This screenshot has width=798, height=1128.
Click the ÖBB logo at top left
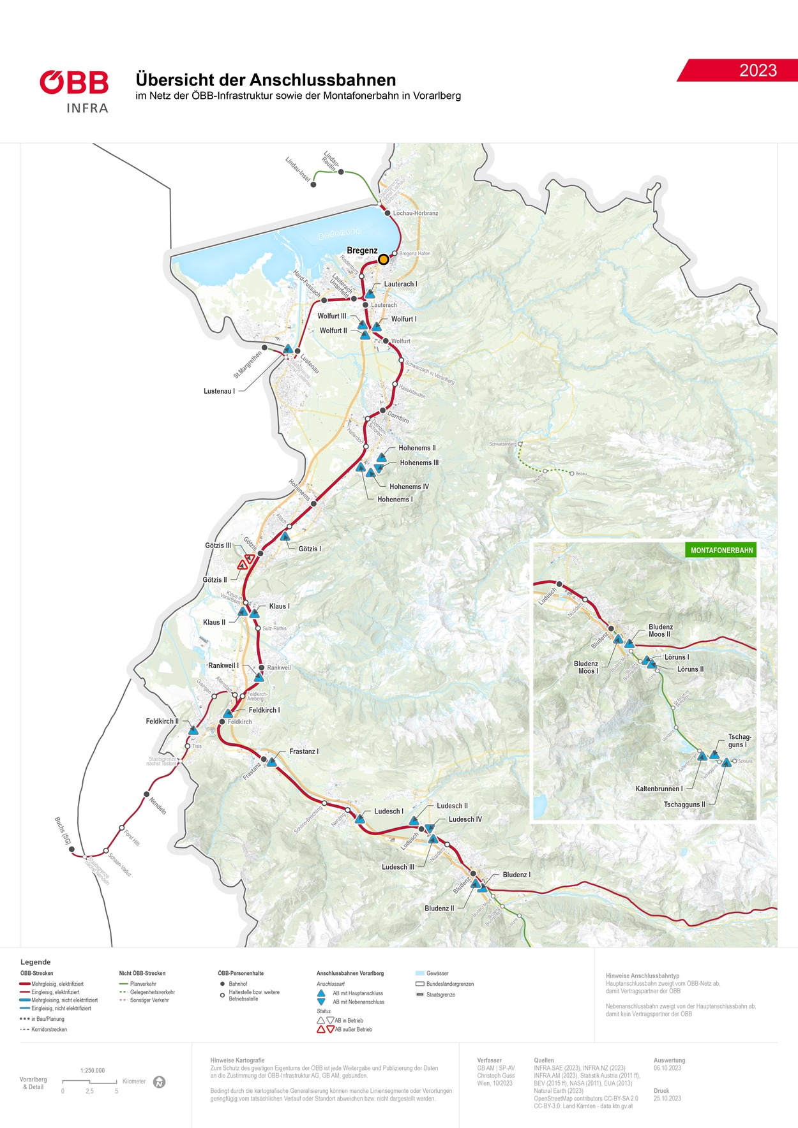[x=74, y=83]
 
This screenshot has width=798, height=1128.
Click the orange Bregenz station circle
[x=384, y=259]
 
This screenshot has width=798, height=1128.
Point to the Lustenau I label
[x=219, y=391]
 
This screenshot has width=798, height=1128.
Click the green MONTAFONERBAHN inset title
[x=721, y=550]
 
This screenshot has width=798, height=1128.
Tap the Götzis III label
[x=218, y=545]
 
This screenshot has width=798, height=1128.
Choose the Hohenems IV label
[x=409, y=487]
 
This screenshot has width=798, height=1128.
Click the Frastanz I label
[x=303, y=752]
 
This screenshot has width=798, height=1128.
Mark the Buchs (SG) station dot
[x=72, y=849]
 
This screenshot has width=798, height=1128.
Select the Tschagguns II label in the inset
[x=684, y=805]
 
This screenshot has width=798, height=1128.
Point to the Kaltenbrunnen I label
[x=659, y=789]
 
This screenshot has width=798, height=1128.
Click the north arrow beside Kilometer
[x=160, y=1082]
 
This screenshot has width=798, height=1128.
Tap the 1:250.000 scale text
[x=93, y=1071]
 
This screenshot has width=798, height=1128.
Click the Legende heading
[x=35, y=962]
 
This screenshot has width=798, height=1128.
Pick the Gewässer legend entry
[x=437, y=974]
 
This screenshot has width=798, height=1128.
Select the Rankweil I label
[x=223, y=665]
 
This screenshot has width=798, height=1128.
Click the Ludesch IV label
[x=465, y=819]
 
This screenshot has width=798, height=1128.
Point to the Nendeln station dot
[x=146, y=794]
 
